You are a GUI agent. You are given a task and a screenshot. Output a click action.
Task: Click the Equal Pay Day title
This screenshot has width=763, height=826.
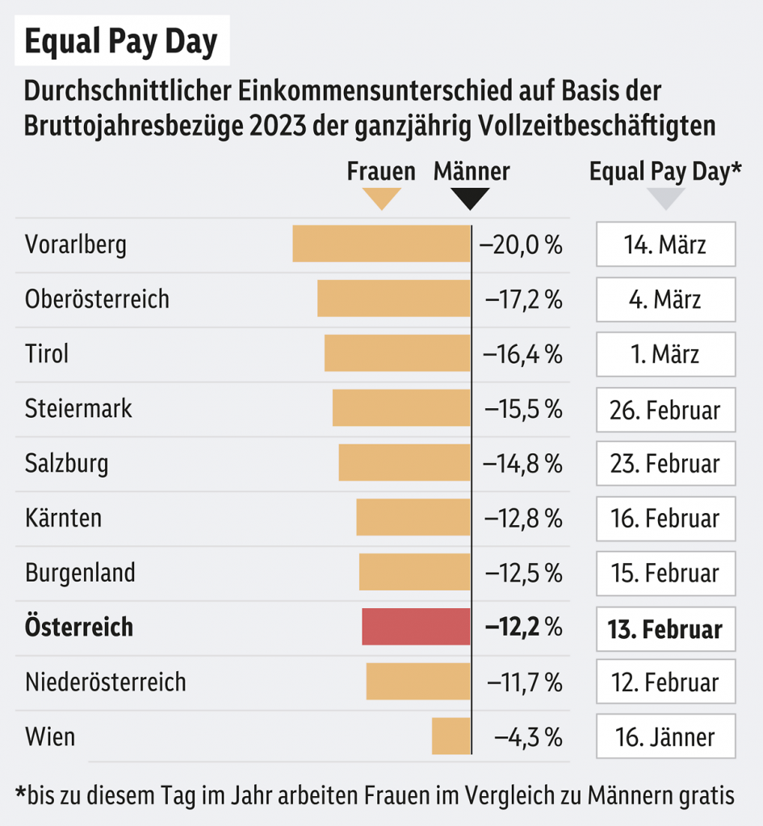click(x=121, y=42)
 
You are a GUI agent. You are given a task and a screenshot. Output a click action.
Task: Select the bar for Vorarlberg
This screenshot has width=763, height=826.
click(x=381, y=244)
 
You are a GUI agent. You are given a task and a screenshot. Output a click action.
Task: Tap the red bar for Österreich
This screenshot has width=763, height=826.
click(x=416, y=627)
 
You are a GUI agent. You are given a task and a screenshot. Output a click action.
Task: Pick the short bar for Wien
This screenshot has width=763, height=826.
click(x=451, y=736)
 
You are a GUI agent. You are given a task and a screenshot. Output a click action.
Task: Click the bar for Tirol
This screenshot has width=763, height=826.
click(x=397, y=353)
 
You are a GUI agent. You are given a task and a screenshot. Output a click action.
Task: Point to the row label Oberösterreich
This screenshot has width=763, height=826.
click(x=98, y=298)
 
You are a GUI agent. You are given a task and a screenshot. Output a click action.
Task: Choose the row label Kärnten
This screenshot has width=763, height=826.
click(x=64, y=517)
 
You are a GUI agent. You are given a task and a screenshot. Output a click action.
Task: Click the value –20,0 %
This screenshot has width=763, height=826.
click(x=521, y=244)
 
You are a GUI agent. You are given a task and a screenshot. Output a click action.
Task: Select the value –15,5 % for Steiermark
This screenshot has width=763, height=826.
click(x=523, y=408)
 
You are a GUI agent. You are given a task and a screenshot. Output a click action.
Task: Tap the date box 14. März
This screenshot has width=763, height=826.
click(x=665, y=244)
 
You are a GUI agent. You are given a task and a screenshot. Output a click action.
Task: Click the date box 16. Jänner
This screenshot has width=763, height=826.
click(x=665, y=736)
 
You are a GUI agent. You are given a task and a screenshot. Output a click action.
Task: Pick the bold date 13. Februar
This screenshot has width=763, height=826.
click(x=665, y=628)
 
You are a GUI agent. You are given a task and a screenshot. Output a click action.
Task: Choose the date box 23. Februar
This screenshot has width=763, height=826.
click(x=665, y=463)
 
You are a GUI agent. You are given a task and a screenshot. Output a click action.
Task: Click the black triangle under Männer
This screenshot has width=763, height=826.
click(x=470, y=198)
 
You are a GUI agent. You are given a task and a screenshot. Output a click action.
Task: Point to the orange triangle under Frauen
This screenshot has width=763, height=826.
click(x=381, y=198)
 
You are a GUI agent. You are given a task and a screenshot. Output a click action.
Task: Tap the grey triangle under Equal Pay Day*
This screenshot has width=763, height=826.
click(x=665, y=198)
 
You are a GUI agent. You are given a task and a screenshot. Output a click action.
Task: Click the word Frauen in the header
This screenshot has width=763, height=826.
click(x=381, y=171)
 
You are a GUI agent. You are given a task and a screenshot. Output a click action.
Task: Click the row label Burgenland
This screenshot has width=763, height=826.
click(x=80, y=573)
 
